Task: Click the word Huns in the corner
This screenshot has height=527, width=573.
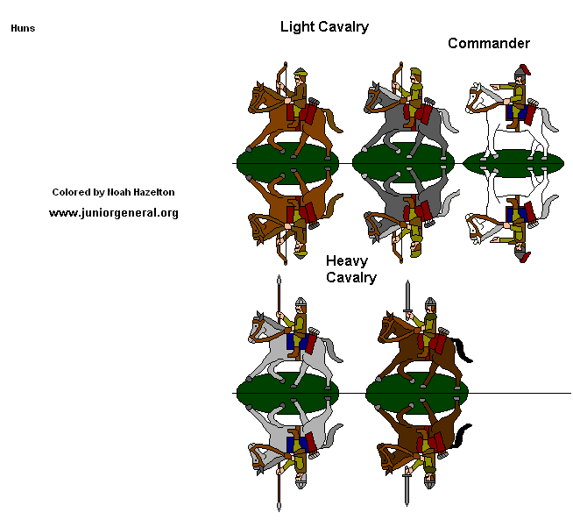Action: pos(23,28)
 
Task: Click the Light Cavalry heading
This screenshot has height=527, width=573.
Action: pos(324,27)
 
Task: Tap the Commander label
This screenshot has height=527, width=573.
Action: pos(488,43)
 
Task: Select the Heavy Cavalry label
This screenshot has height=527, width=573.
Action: pos(350,269)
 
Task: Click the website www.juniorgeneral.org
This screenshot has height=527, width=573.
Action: pos(114,212)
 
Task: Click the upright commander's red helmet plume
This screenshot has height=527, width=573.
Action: pos(524,70)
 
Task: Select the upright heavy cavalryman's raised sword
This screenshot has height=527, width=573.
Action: pos(407,298)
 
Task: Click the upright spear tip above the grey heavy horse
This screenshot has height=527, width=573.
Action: pos(279,282)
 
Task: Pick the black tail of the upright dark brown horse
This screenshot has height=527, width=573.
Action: pos(463,352)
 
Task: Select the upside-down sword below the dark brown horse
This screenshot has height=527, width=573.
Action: pos(407,488)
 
